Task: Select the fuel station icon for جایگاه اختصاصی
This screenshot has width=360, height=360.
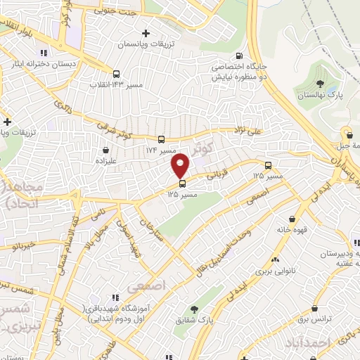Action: pos(240,57)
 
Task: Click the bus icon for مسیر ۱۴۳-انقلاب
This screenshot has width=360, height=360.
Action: pos(116,73)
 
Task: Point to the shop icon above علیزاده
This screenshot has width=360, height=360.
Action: pos(105,149)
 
